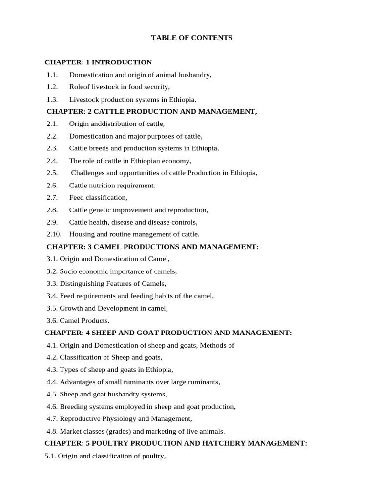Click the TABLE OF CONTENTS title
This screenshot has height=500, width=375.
click(192, 38)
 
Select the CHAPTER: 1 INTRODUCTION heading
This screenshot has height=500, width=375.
click(98, 62)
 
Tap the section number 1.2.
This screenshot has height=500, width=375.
click(52, 87)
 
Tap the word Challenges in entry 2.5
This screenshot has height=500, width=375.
click(88, 173)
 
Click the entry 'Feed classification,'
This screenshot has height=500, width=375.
click(98, 198)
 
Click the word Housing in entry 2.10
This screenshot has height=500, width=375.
click(82, 234)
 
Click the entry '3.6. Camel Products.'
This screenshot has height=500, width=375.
click(78, 321)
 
